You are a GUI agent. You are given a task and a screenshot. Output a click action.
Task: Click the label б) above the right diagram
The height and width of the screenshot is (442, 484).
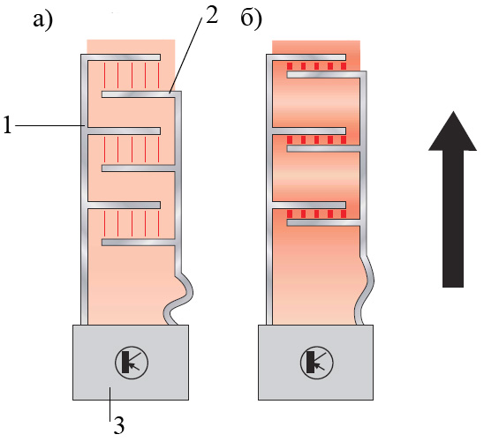coord(252,20)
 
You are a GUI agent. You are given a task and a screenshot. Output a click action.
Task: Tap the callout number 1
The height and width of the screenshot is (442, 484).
coord(7,124)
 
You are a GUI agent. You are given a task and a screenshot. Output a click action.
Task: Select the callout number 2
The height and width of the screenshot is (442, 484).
coord(212,15)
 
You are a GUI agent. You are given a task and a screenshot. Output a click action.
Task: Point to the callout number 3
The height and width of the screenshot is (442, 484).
coord(119,425)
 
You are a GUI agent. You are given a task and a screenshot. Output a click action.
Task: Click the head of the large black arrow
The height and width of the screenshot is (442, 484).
coord(452,131)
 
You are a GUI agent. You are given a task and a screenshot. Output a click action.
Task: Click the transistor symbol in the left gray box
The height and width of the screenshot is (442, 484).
coord(132,363)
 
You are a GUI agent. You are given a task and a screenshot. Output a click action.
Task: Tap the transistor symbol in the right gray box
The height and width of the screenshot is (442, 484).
coord(317,363)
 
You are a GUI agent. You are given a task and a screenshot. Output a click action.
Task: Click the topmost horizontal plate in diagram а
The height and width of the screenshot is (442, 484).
coord(124,57)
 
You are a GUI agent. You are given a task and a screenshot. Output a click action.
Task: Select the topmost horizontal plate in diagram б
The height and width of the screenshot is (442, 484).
coord(308,57)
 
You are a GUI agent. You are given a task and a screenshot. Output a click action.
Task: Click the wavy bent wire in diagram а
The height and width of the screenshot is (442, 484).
coord(179,299)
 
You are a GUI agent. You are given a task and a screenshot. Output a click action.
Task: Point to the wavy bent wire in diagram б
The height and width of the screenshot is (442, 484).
coord(365,289)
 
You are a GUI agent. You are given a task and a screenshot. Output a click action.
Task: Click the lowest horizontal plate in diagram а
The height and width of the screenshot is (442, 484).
coord(139,243)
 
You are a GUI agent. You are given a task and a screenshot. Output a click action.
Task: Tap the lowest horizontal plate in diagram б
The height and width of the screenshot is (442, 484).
coord(323,222)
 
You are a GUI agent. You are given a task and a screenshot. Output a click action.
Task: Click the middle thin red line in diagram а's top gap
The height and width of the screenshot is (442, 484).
coord(132,75)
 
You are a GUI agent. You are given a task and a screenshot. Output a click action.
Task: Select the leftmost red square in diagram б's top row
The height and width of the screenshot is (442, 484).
coord(290,66)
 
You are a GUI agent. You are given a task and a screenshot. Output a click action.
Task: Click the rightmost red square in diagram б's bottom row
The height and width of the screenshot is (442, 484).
coord(344,214)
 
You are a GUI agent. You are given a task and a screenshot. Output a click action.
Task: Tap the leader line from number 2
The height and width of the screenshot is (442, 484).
coord(185,55)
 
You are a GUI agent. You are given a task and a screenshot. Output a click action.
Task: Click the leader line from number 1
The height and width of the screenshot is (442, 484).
coord(49,125)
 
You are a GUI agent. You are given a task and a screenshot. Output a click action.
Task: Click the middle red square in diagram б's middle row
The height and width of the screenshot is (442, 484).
coord(316,140)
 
